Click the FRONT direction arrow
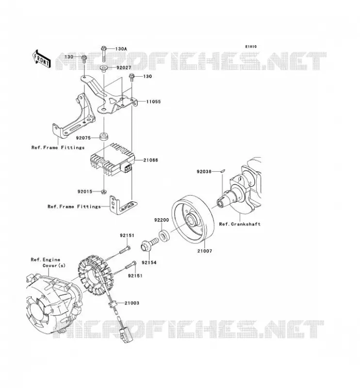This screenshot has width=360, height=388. (42, 59)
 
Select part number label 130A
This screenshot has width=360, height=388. (121, 49)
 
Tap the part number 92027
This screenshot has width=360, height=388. (124, 67)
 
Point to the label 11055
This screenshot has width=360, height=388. (153, 101)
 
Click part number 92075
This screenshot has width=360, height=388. (83, 138)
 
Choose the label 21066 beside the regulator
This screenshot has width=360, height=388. (150, 160)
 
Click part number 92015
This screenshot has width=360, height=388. (85, 192)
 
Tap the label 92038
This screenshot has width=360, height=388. (204, 171)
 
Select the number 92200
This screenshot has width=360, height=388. (162, 220)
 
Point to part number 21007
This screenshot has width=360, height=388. (205, 251)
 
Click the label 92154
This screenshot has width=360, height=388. (149, 262)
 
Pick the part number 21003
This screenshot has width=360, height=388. (131, 303)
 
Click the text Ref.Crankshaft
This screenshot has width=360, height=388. (240, 224)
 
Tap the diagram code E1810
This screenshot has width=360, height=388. (251, 47)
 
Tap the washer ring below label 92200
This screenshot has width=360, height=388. (164, 235)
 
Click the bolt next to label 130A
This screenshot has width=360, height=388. (104, 54)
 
